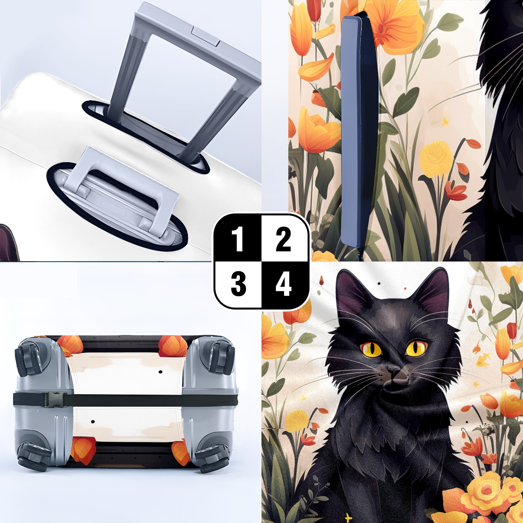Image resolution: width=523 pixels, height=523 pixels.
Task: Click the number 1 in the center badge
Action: click(x=238, y=239)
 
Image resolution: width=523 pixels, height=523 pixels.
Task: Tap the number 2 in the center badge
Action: click(x=283, y=239)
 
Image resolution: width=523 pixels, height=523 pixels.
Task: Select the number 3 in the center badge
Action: click(x=238, y=284)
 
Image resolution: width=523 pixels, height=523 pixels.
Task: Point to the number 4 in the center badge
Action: click(x=283, y=284)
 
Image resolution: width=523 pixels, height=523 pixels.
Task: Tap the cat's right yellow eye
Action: click(x=416, y=347)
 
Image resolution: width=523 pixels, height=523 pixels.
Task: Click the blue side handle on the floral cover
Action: click(x=359, y=131)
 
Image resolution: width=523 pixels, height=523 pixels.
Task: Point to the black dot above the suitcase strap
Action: click(x=160, y=372)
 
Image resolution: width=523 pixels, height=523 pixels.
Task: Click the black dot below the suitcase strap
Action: click(x=93, y=422)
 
